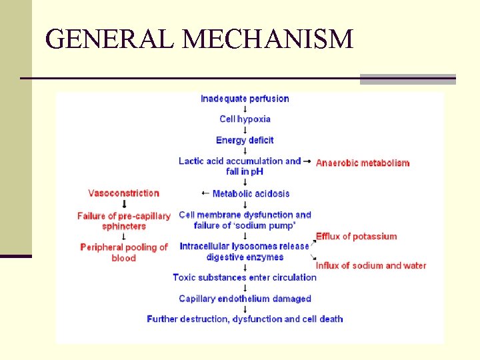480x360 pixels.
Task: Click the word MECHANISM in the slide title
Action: point(268,39)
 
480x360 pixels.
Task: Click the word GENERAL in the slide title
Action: point(111,39)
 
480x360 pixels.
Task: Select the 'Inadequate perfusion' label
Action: point(245,99)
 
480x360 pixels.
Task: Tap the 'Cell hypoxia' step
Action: point(245,119)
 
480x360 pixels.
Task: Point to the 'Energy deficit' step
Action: point(245,140)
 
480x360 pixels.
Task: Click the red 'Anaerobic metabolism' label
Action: point(363,163)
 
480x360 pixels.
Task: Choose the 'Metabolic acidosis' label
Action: point(251,193)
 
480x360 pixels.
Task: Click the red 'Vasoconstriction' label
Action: point(124,193)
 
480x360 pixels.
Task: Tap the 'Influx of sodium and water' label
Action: point(371,265)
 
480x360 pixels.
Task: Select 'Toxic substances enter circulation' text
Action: point(245,277)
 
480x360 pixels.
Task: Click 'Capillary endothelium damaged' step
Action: point(245,299)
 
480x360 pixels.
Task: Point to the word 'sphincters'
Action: point(124,226)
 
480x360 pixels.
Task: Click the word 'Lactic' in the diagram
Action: point(191,161)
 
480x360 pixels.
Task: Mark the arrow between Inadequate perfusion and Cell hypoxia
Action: point(245,109)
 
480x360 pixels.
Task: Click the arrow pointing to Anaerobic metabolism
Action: point(307,161)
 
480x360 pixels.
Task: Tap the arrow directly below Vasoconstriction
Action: point(124,204)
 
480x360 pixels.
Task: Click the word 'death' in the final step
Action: point(331,319)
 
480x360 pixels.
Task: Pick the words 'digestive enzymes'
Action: point(245,257)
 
